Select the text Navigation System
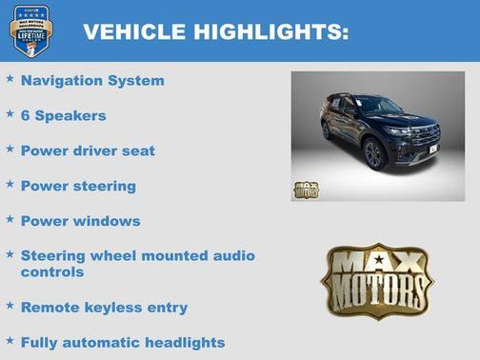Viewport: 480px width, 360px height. point(92,81)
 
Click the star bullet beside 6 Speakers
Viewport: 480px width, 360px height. point(10,113)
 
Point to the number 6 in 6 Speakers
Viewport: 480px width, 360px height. point(26,115)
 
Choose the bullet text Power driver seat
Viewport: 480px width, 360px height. point(88,150)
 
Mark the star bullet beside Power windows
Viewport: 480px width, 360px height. point(10,219)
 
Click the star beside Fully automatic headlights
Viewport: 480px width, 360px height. point(10,340)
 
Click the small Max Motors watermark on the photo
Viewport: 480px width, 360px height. point(306,189)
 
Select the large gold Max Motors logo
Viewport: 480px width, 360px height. point(376,279)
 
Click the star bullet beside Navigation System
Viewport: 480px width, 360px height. point(10,79)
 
